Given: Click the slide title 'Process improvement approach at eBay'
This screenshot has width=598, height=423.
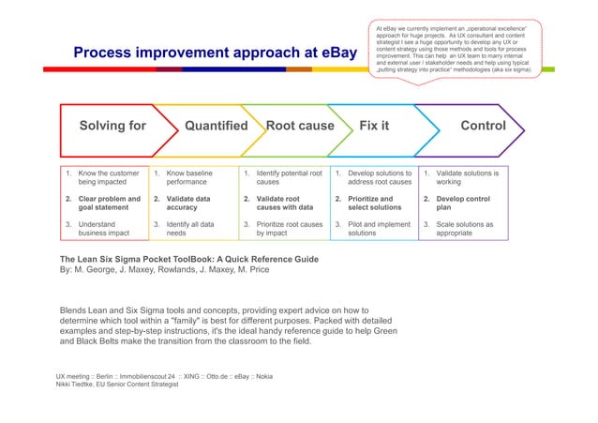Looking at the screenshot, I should [x=215, y=53].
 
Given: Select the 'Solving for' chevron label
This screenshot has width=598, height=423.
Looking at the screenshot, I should [x=112, y=126].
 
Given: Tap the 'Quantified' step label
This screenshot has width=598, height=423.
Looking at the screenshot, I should [x=216, y=126].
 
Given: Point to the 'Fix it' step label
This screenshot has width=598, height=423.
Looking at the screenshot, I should [x=374, y=126].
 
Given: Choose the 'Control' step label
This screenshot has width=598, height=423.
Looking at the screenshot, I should [x=484, y=126].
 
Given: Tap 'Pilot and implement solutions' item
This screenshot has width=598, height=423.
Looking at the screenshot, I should [x=378, y=230].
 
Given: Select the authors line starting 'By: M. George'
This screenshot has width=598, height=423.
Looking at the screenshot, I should [x=164, y=270].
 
